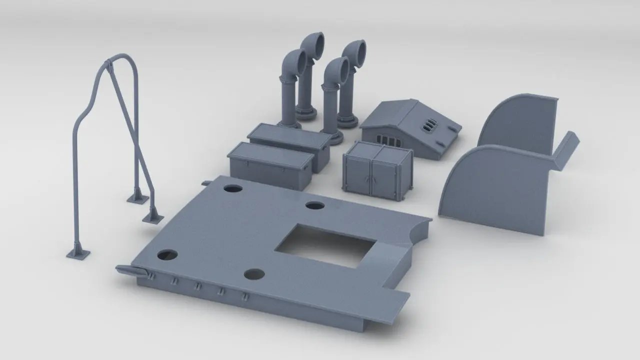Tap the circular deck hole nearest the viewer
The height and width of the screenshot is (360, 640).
click(x=254, y=274)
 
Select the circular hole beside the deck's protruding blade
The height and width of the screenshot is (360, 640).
click(x=167, y=254)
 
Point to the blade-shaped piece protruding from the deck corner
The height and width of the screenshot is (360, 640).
click(x=131, y=270)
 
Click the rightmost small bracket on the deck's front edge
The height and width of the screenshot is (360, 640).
click(x=245, y=296)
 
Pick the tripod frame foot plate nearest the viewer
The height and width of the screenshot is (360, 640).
click(x=78, y=253)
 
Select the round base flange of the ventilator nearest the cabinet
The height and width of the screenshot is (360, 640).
click(x=333, y=136)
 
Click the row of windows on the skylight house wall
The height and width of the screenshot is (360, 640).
click(x=385, y=137)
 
